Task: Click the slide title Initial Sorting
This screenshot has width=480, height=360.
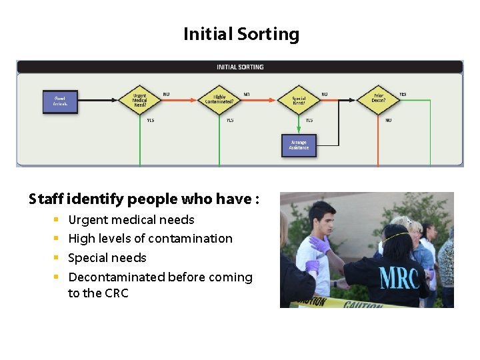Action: pyautogui.click(x=241, y=34)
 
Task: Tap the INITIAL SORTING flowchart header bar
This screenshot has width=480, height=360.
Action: pyautogui.click(x=240, y=67)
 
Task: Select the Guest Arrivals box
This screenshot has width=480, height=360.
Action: pyautogui.click(x=61, y=101)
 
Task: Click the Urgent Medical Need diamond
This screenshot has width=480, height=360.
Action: pyautogui.click(x=139, y=100)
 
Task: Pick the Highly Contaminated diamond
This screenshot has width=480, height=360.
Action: pyautogui.click(x=219, y=100)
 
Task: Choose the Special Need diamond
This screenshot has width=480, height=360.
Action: pyautogui.click(x=299, y=100)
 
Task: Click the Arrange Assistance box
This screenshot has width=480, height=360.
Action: pyautogui.click(x=299, y=145)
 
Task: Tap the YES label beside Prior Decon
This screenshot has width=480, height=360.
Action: pyautogui.click(x=403, y=95)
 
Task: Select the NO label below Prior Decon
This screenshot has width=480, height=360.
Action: pyautogui.click(x=388, y=121)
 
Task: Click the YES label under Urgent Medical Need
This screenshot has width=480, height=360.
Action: pyautogui.click(x=150, y=121)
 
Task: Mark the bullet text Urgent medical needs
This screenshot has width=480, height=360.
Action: pyautogui.click(x=131, y=219)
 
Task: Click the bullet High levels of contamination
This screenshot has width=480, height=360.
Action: pyautogui.click(x=150, y=238)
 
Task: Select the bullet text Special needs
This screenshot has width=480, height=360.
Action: pyautogui.click(x=107, y=257)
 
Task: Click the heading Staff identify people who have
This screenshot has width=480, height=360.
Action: pyautogui.click(x=144, y=199)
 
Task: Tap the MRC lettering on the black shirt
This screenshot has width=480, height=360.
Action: pyautogui.click(x=399, y=278)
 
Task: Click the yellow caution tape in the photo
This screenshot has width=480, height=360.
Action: pyautogui.click(x=347, y=302)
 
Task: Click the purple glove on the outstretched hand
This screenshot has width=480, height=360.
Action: pyautogui.click(x=321, y=245)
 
